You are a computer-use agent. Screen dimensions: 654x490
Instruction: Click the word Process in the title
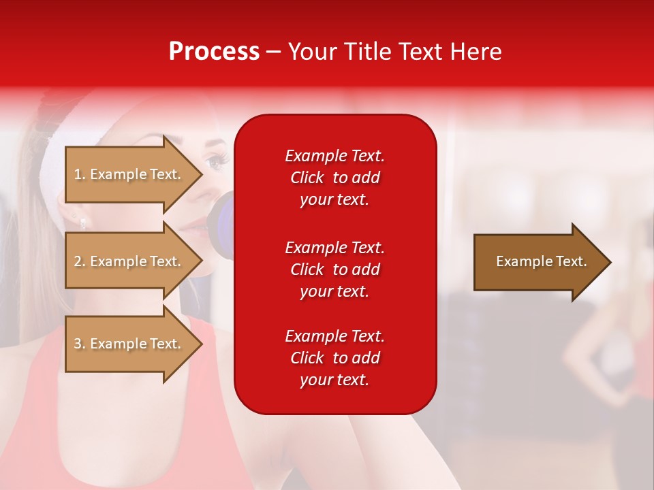[x=214, y=52]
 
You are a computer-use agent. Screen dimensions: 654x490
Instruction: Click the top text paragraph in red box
[x=334, y=178]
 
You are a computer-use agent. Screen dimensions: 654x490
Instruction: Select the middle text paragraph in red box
[x=334, y=269]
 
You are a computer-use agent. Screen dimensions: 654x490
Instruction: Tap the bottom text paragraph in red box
[x=334, y=358]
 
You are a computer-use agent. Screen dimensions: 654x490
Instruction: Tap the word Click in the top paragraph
[x=307, y=178]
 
